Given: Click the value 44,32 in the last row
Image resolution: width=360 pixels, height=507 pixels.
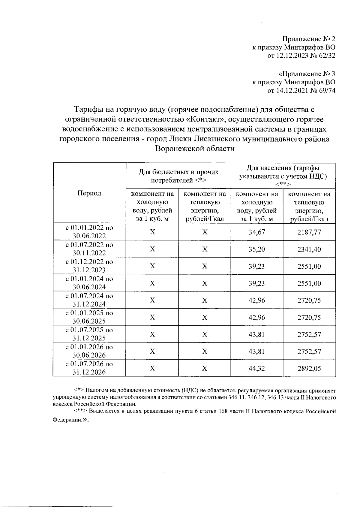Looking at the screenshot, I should coord(256,368).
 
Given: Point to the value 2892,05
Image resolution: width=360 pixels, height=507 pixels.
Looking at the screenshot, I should coord(309,368).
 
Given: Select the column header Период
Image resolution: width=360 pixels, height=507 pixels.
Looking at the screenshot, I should coord(89,193).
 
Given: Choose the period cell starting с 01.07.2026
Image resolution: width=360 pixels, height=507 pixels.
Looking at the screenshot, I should coord(89,368).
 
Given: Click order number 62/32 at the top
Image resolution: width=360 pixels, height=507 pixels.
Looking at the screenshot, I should coord(326,56).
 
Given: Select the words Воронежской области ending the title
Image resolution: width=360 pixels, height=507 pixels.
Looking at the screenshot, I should coord(194,149).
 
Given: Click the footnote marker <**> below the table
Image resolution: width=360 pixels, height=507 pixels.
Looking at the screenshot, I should coord(80,411).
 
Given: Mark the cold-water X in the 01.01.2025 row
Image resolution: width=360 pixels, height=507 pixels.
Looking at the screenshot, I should coord(152,317).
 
